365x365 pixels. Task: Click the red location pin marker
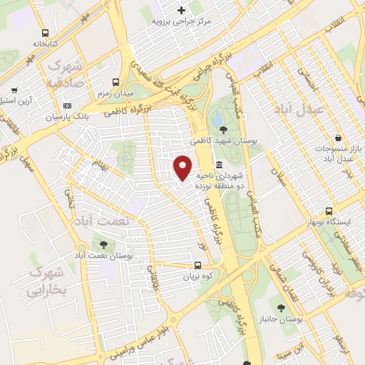tap(182, 167)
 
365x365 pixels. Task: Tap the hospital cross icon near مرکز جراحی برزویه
tap(182, 10)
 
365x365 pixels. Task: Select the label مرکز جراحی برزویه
tap(182, 21)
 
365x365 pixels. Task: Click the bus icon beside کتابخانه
tap(46, 33)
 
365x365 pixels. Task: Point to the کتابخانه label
tap(44, 43)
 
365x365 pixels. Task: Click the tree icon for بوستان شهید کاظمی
tap(225, 129)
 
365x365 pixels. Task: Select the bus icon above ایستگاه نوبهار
tap(329, 211)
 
